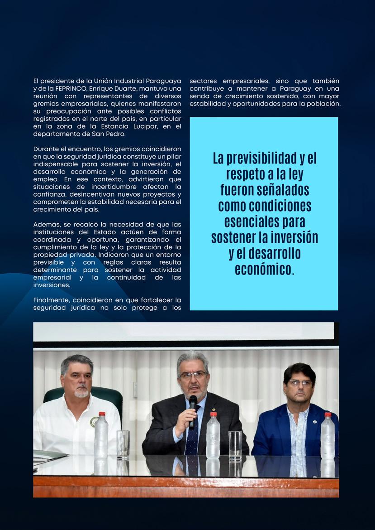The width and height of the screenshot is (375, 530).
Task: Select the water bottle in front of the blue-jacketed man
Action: (328, 437)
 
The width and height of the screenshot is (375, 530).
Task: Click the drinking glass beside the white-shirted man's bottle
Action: (123, 444)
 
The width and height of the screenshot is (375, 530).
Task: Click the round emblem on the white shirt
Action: (94, 422)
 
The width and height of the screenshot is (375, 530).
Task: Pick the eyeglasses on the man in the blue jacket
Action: (299, 383)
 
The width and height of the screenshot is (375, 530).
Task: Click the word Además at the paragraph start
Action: (46, 224)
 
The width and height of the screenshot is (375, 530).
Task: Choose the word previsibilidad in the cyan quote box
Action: (255, 159)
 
